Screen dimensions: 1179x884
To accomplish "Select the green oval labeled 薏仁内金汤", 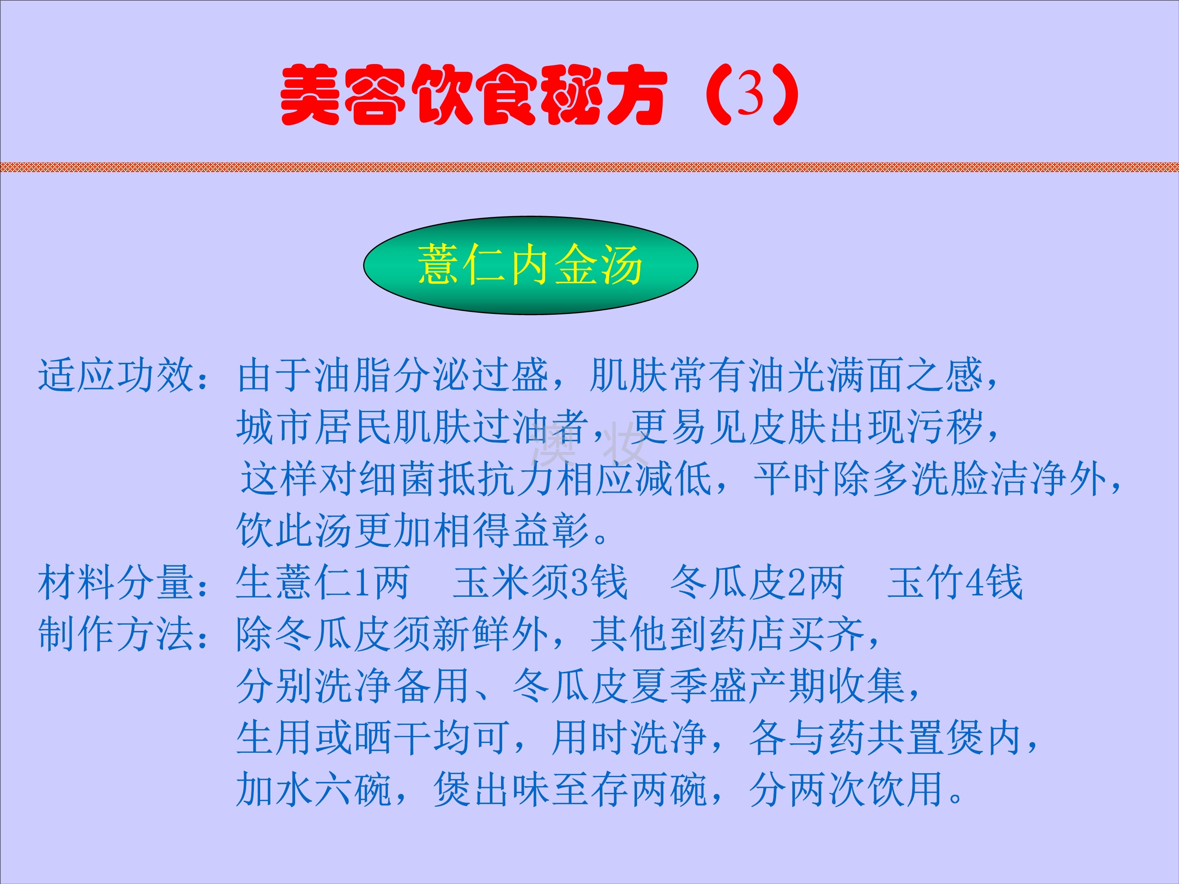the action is coord(530,265).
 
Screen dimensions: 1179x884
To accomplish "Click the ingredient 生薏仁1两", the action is coord(323,582).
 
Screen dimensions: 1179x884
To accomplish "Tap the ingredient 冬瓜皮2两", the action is coord(757,582).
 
